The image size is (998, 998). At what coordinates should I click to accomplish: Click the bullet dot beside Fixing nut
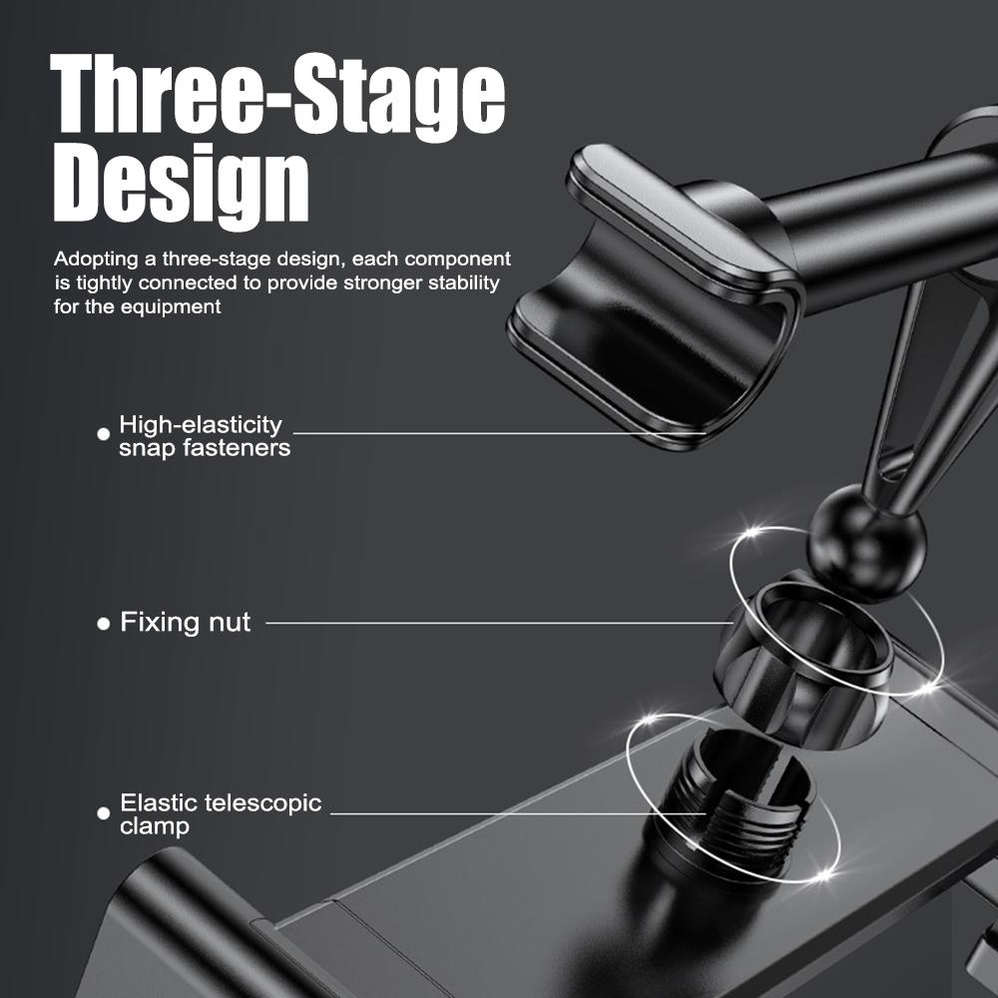coord(103,624)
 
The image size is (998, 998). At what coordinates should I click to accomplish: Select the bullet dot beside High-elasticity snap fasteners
coord(103,434)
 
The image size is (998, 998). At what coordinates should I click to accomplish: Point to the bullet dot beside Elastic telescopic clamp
coord(103,813)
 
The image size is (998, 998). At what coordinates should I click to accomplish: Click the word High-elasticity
coord(200,425)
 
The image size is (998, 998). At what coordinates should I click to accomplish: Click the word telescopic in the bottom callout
coord(263,803)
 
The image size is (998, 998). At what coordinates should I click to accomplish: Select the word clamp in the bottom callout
coord(154,826)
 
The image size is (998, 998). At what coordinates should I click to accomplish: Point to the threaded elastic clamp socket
coord(739,798)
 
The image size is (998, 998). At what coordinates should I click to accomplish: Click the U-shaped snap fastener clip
coord(654,299)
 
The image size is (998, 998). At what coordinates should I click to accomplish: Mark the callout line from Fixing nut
coord(499,624)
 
